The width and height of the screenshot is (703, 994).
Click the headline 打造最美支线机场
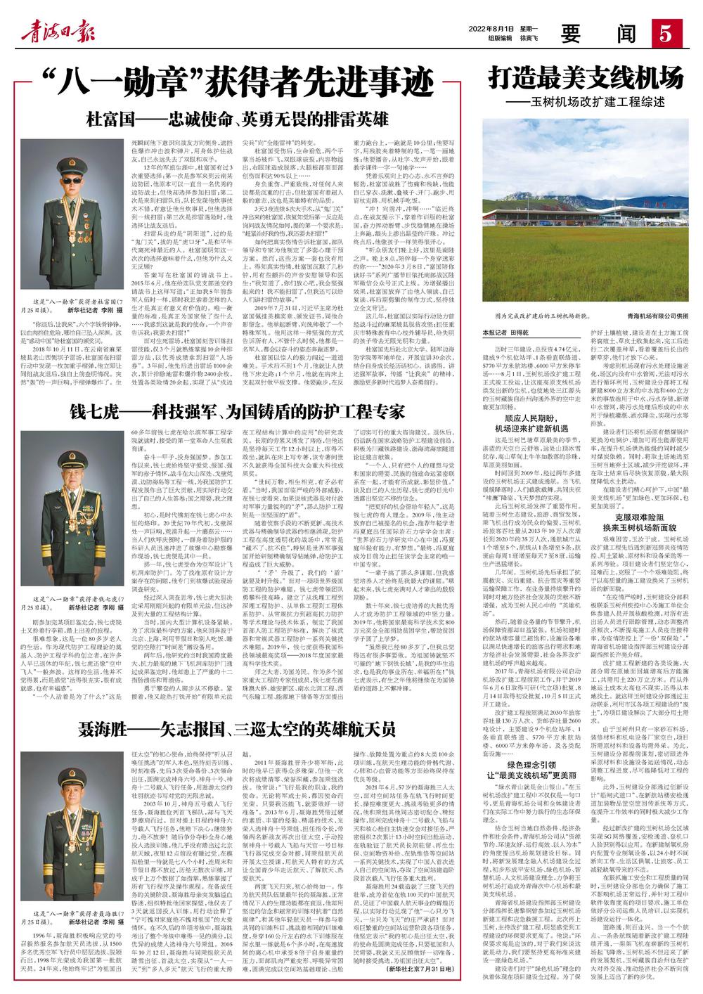(x=586, y=76)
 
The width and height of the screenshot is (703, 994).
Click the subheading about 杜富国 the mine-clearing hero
(x=237, y=118)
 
